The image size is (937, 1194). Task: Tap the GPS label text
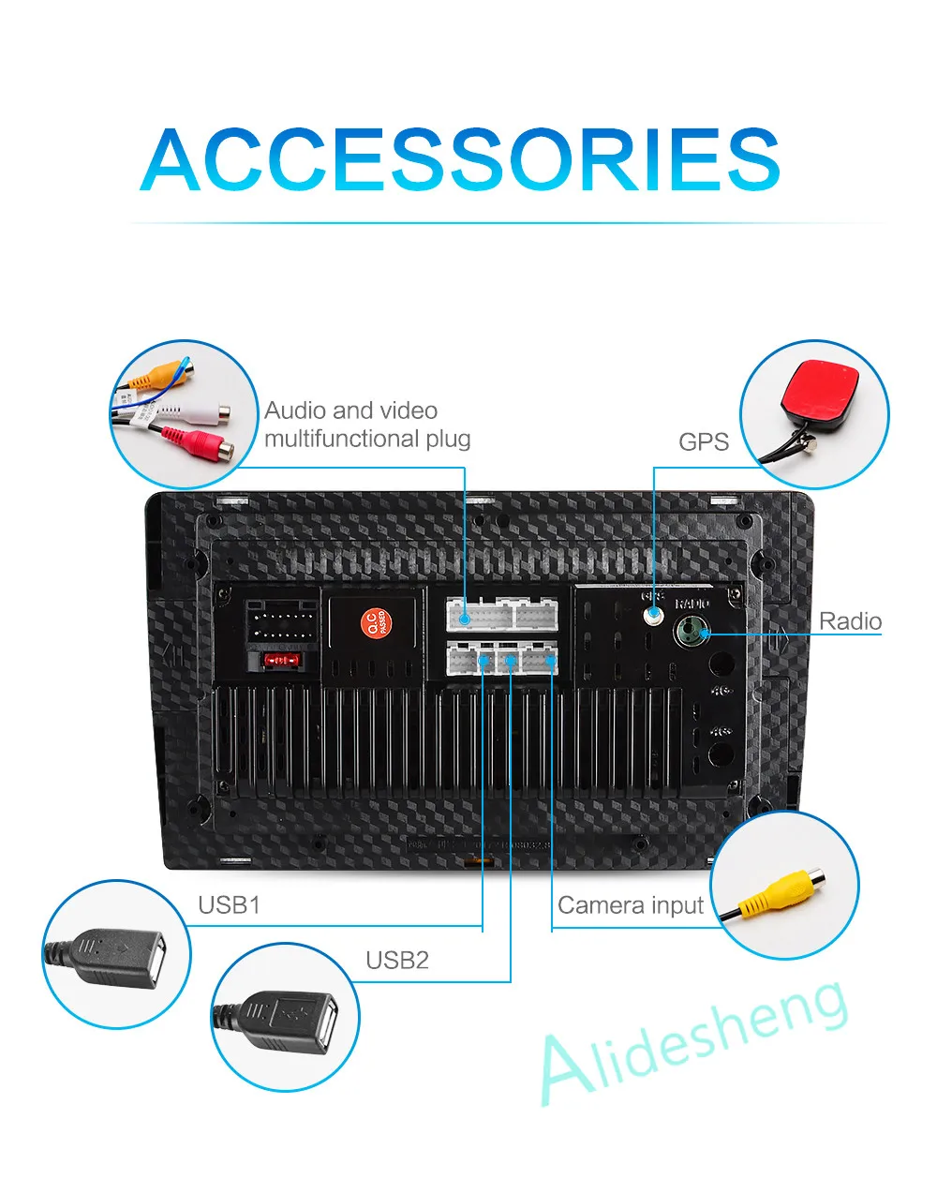(703, 441)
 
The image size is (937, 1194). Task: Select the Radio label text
(850, 621)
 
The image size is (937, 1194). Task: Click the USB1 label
(229, 905)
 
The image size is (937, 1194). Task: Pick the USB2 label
(396, 960)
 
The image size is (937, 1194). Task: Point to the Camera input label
(630, 905)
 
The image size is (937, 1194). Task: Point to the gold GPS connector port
(653, 616)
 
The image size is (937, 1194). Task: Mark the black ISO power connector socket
(278, 623)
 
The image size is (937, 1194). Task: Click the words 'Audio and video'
(350, 410)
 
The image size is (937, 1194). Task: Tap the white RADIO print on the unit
(692, 604)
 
